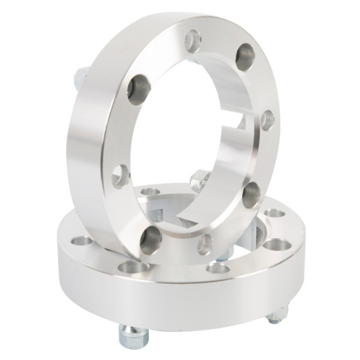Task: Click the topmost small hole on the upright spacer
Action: [193, 41]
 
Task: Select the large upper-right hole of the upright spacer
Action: [245, 57]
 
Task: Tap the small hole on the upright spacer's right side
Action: [267, 120]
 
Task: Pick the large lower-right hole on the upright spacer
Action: [252, 194]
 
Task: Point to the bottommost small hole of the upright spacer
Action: [205, 244]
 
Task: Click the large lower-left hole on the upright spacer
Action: [151, 239]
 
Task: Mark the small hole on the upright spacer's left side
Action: [121, 176]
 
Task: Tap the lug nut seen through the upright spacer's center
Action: [200, 179]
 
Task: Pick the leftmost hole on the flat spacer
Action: [82, 241]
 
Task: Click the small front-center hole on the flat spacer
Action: [218, 268]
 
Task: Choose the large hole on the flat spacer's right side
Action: [277, 245]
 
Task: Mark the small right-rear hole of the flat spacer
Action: [274, 213]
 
